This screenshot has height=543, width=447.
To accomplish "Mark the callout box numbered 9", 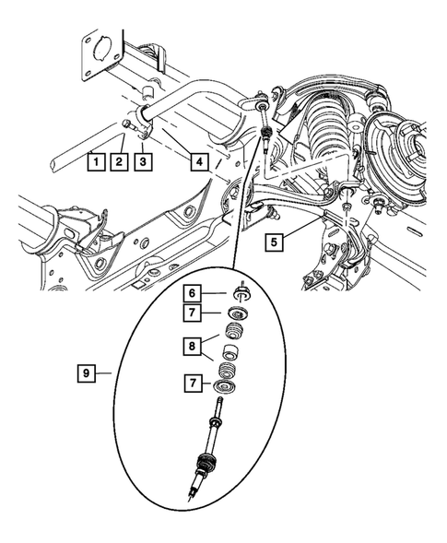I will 85,373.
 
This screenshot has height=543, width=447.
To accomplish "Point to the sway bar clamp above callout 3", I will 145,121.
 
